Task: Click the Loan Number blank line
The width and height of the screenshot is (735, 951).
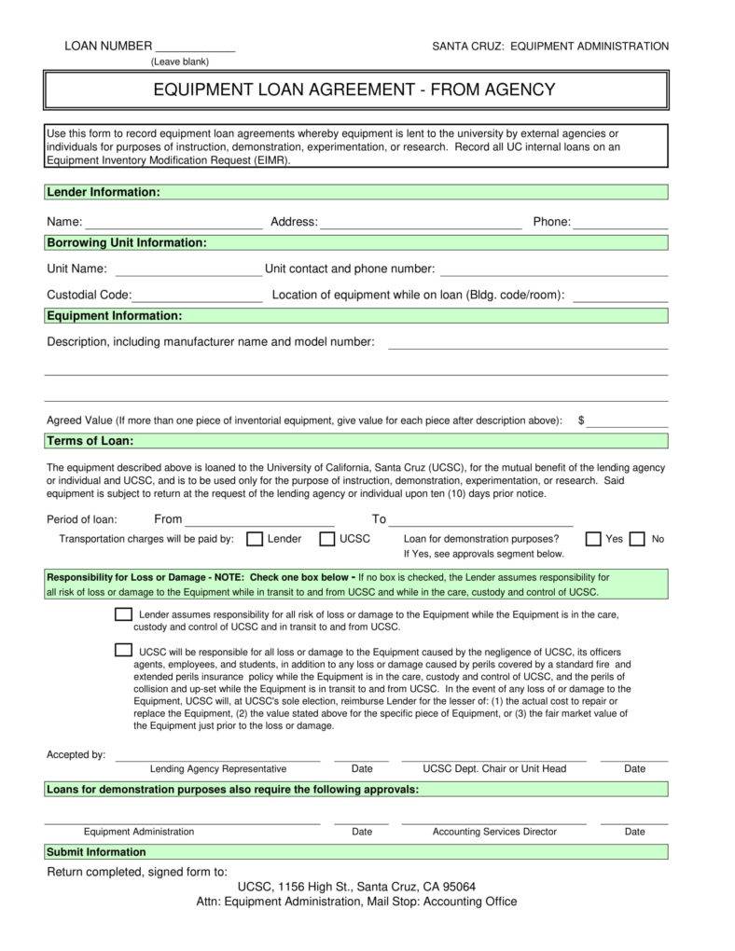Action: point(194,47)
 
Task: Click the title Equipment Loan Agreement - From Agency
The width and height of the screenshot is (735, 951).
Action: point(354,90)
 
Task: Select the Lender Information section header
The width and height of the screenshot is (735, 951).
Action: point(104,192)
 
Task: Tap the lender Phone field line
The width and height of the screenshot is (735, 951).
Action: point(620,223)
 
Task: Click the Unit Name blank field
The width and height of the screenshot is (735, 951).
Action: point(187,269)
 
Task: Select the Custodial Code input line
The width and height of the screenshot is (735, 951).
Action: point(197,296)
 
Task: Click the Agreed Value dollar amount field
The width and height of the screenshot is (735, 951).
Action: point(627,420)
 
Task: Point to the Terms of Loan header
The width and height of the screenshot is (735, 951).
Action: point(90,441)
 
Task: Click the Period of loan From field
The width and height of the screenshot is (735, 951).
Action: point(259,520)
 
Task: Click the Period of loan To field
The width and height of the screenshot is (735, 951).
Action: point(480,520)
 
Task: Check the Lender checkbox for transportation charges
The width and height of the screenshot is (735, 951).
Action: point(254,539)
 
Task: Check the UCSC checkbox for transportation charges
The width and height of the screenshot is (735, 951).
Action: point(327,539)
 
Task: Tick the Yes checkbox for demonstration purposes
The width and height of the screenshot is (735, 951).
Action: point(593,539)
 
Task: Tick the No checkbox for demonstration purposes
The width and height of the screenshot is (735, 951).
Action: point(637,539)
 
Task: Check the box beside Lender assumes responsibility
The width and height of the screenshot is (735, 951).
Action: point(123,614)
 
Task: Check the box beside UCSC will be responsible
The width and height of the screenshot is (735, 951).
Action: point(123,650)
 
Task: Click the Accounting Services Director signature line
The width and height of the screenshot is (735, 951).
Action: point(493,819)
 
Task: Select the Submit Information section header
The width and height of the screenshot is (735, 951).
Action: point(96,852)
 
